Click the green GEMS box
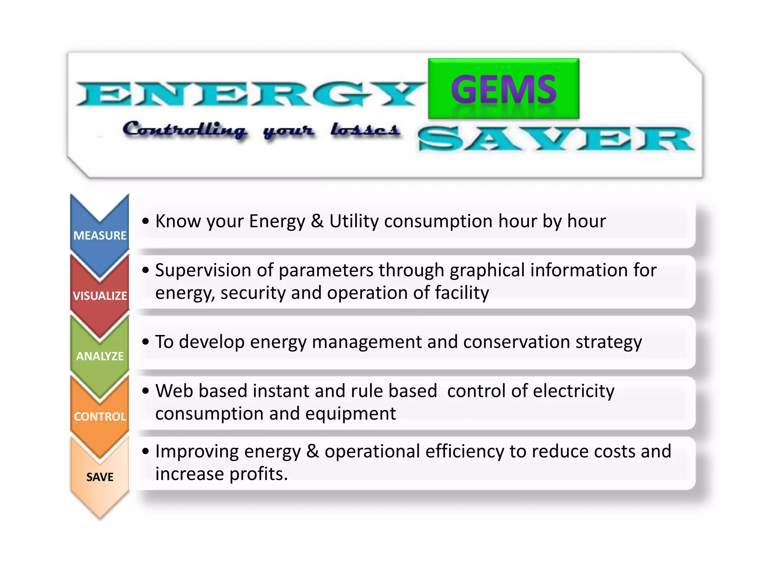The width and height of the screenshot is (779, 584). pos(503,89)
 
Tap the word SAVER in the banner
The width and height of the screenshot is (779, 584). pos(555,139)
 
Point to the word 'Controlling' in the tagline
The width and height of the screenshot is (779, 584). pos(185,130)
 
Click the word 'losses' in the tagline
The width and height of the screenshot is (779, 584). pos(365,130)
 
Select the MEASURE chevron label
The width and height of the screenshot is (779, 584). pos(100,236)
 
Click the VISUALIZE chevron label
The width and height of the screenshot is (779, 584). pos(100,296)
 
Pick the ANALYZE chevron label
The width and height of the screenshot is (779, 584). pos(100,356)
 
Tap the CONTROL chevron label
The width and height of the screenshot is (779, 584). pos(100,417)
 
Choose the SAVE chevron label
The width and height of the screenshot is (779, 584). pos(100,477)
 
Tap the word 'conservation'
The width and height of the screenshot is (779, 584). pos(516,342)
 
